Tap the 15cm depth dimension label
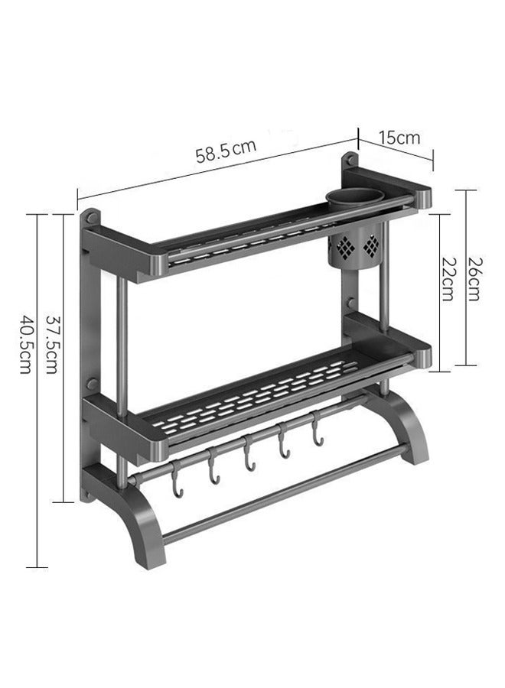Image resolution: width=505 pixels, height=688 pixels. point(399,138)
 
